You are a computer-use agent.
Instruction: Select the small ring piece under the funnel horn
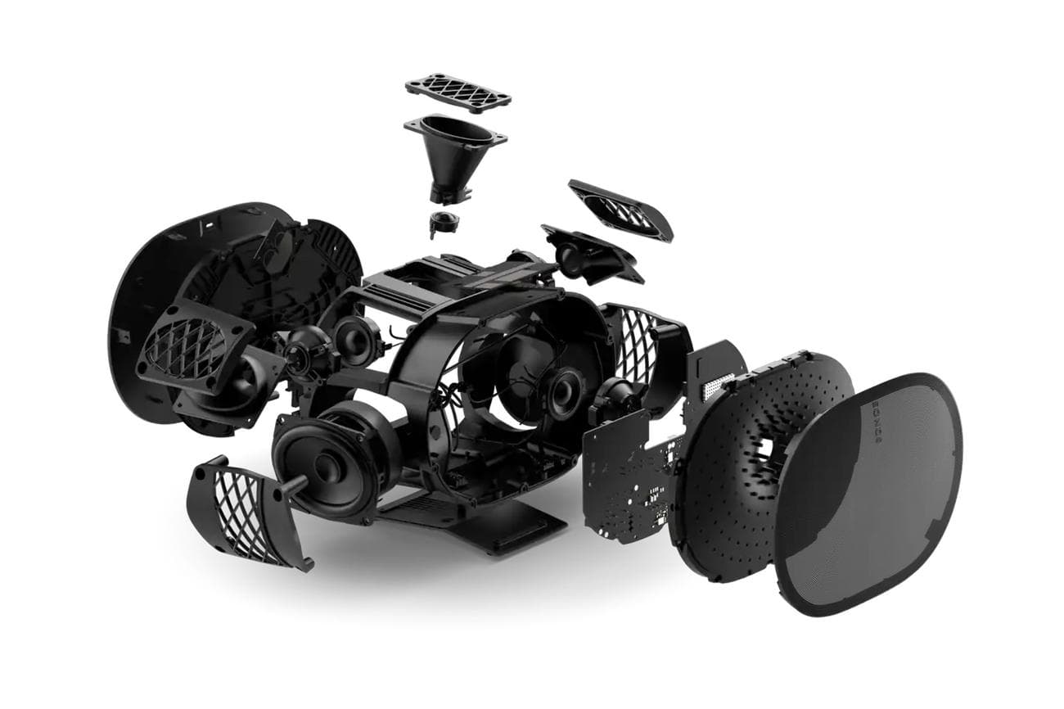coord(442,222)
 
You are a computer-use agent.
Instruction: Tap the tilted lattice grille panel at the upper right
coord(620,210)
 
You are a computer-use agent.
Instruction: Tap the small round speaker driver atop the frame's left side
coord(358,336)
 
